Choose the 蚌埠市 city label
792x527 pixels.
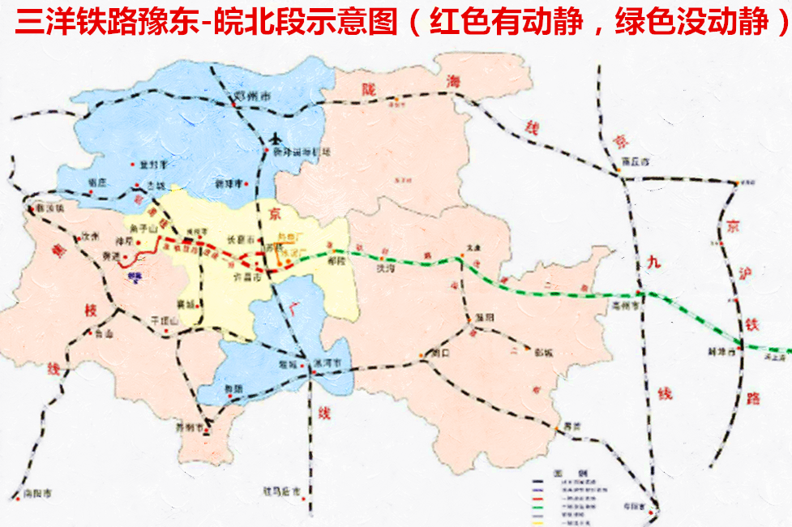[x=719, y=353]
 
